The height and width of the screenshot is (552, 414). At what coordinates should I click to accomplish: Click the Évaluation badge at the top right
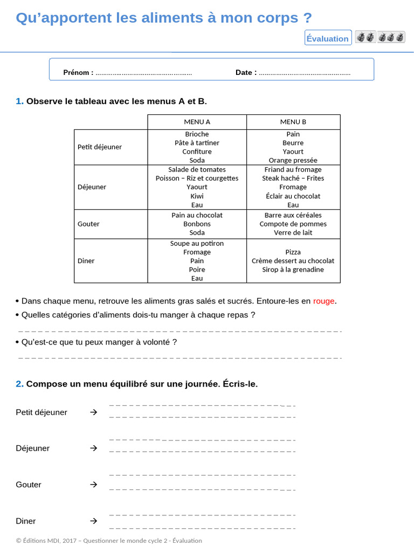coord(328,38)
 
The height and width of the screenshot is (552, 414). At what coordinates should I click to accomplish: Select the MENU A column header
coord(197,122)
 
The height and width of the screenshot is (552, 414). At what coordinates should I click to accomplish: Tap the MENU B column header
coord(293,122)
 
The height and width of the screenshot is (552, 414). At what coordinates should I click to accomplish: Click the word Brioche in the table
coord(197,134)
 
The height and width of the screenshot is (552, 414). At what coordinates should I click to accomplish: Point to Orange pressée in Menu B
coord(293,160)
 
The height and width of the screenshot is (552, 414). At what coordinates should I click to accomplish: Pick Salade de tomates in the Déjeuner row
coord(197,169)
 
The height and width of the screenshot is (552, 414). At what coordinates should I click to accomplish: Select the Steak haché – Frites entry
coord(293,178)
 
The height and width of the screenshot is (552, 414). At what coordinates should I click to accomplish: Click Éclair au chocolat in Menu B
coord(293,196)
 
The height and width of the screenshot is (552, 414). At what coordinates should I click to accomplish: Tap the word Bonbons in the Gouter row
coord(197,224)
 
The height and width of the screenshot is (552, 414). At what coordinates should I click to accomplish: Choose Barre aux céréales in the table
coord(293,215)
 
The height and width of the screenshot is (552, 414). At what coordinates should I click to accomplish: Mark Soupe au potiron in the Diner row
coord(197,243)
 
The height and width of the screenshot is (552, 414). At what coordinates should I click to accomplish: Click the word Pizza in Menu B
coord(293,252)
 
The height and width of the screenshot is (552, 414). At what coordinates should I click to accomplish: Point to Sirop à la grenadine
coord(293,270)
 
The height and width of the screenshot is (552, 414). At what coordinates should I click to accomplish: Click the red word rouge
coord(323,301)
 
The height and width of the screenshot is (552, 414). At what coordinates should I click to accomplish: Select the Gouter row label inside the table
coord(88,224)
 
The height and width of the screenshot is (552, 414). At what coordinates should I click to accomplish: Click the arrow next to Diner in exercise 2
coord(94,521)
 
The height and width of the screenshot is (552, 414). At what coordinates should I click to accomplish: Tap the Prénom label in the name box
coord(78,72)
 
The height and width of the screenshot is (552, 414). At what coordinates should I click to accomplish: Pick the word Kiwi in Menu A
coord(197,196)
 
